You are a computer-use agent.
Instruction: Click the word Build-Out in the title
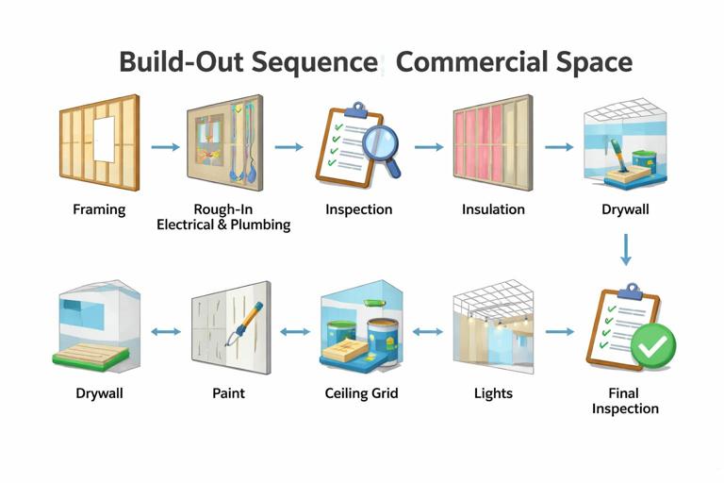point(179,62)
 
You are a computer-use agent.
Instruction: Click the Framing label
point(99,209)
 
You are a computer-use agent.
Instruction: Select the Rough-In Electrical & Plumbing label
point(223,217)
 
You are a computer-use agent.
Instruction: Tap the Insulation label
point(493,209)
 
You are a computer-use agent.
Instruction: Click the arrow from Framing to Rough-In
point(165,147)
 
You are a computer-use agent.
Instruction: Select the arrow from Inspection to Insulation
point(429,147)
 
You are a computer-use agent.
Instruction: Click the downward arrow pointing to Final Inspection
point(625,248)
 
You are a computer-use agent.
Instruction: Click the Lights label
point(493,392)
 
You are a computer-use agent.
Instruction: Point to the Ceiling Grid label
point(361,392)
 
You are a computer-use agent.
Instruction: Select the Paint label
point(229,392)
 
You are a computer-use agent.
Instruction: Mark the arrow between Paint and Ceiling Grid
point(295,332)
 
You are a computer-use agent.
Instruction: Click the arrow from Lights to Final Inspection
point(559,332)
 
